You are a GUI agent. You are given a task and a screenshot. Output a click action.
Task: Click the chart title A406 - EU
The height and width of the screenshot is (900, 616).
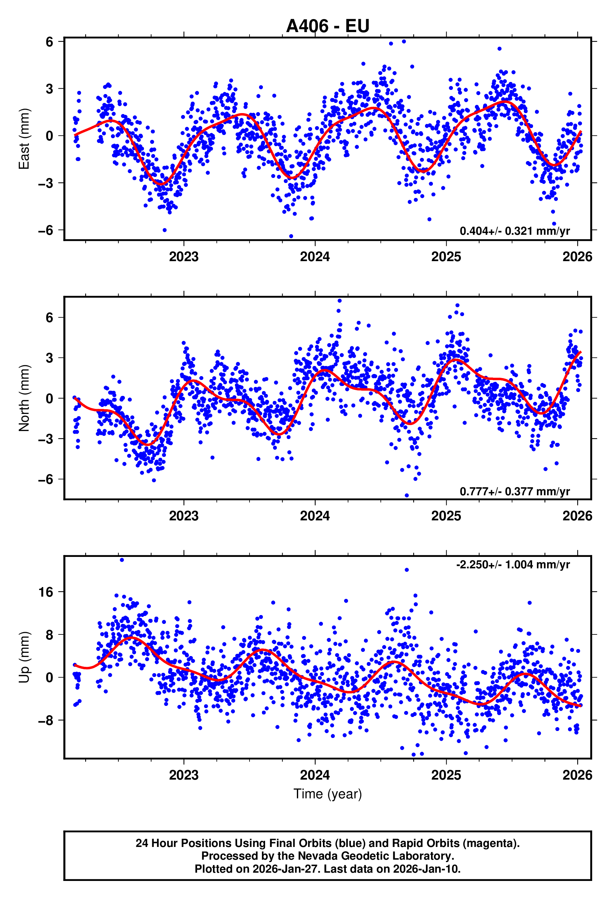pos(327,26)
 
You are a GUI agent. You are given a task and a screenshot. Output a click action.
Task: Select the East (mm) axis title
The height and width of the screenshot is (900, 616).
pos(24,139)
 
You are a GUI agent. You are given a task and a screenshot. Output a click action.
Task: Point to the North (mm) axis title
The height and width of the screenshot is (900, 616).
pos(24,398)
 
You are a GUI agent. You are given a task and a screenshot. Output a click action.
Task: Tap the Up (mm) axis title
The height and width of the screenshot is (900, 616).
pos(24,657)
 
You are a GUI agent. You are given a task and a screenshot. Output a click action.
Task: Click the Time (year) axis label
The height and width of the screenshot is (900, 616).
pos(327,794)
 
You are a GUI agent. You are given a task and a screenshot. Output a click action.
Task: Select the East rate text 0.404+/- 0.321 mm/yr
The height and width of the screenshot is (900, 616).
pos(515,231)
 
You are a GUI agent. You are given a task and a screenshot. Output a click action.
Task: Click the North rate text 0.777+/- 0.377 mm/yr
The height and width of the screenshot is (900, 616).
pos(515,491)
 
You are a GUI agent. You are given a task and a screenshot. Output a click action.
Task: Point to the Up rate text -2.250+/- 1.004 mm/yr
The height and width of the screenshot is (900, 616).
pos(513,564)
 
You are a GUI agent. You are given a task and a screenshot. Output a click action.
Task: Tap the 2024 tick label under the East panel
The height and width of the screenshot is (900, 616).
pos(315,257)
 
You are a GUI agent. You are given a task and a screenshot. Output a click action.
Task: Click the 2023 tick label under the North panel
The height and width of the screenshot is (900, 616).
pos(184,516)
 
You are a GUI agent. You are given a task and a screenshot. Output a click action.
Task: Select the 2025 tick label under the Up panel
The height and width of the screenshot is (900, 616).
pos(446,775)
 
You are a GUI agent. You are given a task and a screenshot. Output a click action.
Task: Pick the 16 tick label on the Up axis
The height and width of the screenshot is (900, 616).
pos(45,592)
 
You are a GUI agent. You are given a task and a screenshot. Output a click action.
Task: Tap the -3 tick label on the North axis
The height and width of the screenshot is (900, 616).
pos(45,439)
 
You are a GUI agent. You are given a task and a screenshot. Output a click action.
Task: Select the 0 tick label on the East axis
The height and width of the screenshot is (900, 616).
pos(49,136)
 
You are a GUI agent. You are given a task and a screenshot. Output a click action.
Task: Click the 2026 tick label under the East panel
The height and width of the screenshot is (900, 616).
pos(577,257)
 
